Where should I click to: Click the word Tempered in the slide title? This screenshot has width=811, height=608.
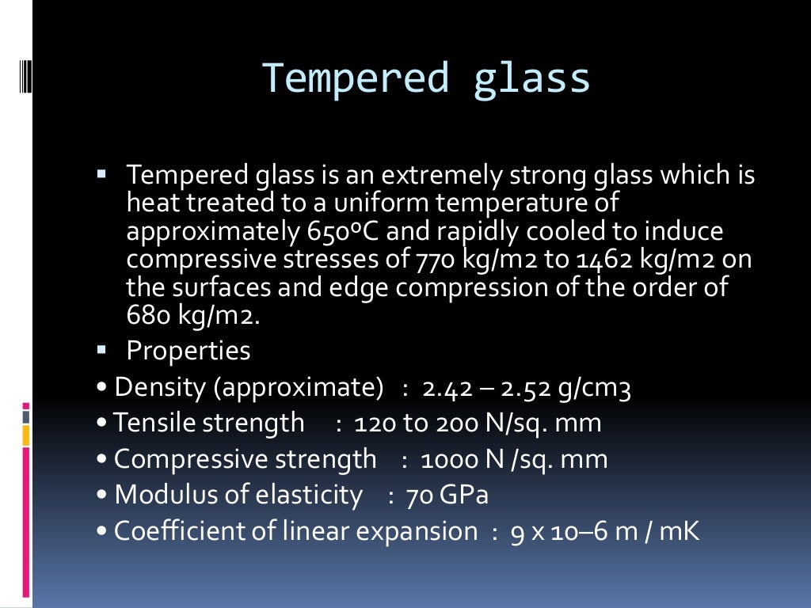355,79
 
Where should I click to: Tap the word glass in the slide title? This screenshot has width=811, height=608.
531,79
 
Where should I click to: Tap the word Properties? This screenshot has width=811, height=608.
188,351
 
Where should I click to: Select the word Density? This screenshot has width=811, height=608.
161,388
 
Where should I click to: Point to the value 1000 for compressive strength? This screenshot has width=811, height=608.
447,459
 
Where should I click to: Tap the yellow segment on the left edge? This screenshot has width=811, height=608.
26,435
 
